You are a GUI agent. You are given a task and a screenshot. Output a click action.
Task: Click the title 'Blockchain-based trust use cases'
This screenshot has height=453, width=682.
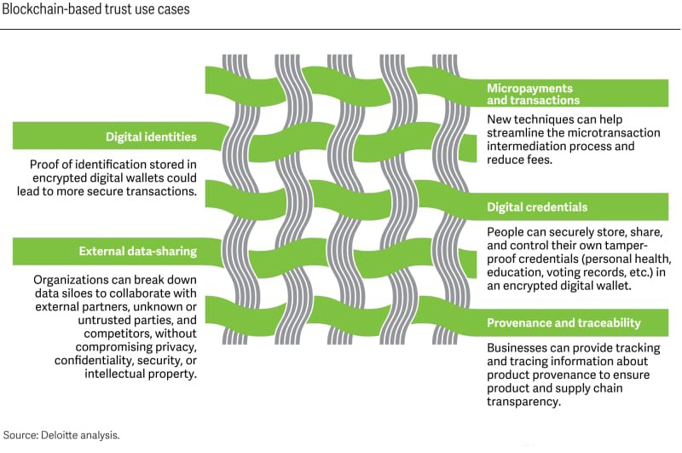[x=94, y=9]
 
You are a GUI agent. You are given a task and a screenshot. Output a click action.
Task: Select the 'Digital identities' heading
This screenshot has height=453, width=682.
[x=151, y=136]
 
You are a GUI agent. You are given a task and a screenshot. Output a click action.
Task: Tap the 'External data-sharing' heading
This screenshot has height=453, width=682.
[x=138, y=251]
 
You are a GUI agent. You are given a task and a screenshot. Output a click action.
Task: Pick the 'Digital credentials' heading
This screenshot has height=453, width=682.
[x=537, y=207]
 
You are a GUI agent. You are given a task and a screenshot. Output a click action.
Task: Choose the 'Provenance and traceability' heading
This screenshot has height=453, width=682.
[x=564, y=322]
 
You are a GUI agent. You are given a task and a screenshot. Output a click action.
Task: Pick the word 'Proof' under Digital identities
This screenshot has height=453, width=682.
[x=46, y=164]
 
